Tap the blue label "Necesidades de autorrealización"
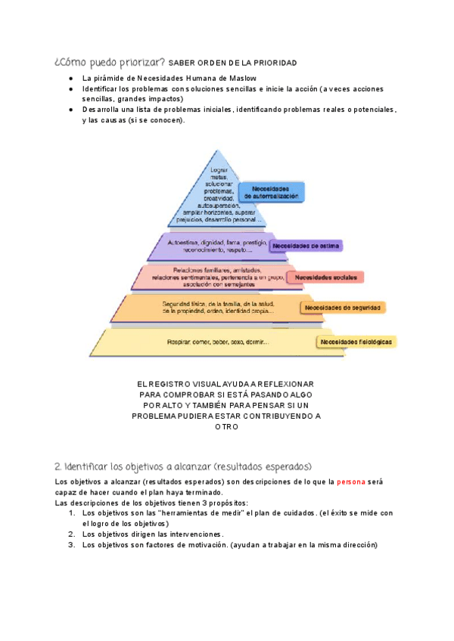[x=272, y=192]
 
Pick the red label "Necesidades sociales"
[x=325, y=277]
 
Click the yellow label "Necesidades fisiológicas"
[x=356, y=342]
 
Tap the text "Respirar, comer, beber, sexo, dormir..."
[x=218, y=342]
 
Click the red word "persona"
[x=351, y=482]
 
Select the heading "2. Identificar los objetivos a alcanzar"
[x=182, y=465]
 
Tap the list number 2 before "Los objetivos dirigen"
[x=72, y=533]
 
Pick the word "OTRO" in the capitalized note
[x=226, y=426]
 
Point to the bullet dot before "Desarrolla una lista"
[x=70, y=110]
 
